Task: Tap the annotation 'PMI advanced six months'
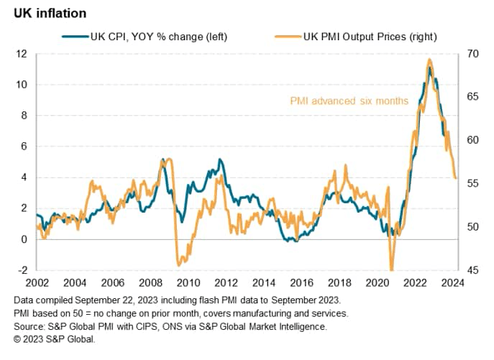[349, 101]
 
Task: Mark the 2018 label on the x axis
[339, 282]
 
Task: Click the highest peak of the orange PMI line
[429, 60]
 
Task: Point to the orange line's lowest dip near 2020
[392, 269]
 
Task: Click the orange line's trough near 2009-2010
[179, 264]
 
